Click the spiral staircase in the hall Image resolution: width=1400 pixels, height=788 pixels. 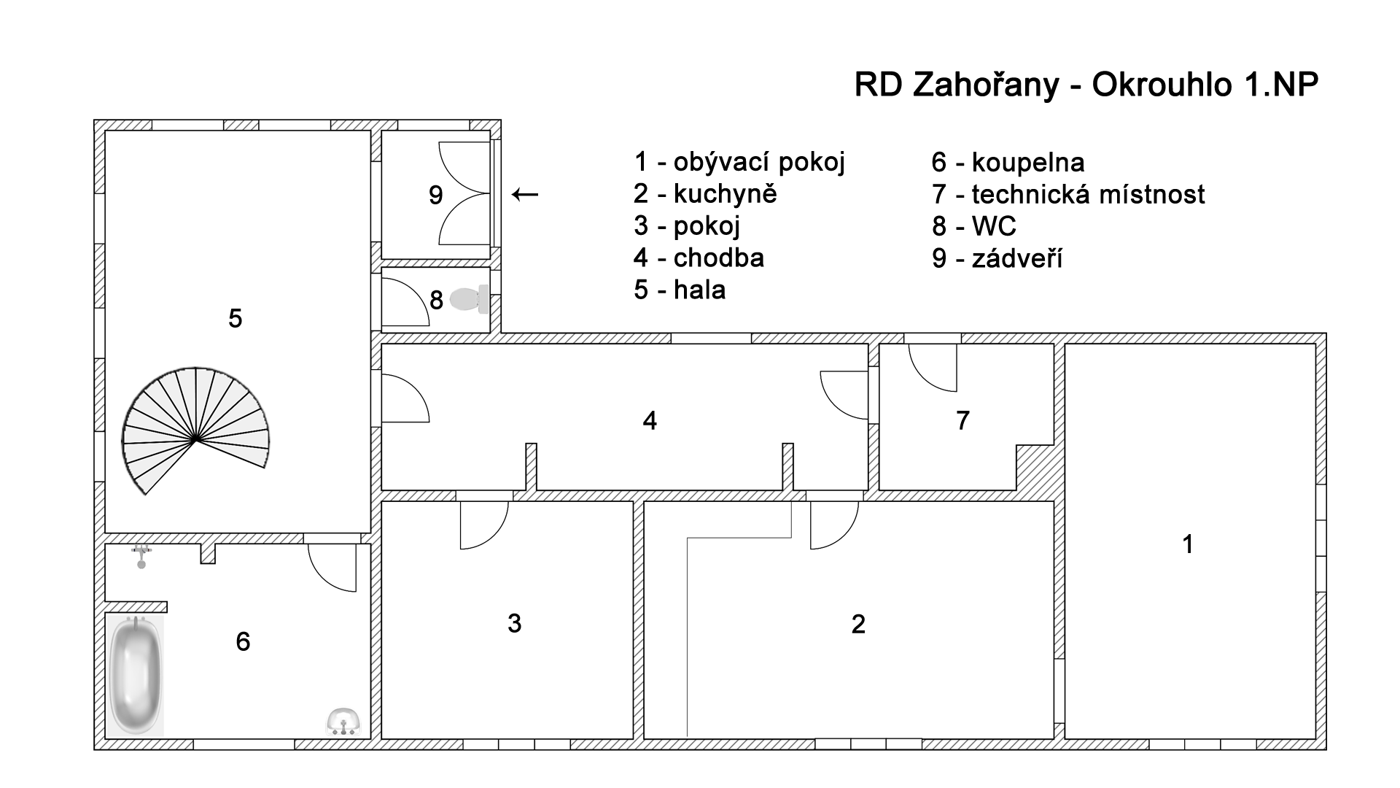click(x=195, y=430)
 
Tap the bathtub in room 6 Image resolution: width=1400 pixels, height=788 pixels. click(x=136, y=676)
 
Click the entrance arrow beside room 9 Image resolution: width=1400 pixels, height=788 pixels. click(x=525, y=194)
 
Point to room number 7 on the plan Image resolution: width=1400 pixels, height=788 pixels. click(x=962, y=420)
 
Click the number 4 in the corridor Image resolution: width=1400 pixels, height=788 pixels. click(x=650, y=420)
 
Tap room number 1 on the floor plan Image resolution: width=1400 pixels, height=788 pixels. click(x=1188, y=544)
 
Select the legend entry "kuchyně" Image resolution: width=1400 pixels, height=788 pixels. click(x=725, y=194)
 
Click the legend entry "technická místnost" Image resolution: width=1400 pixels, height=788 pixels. click(x=1088, y=195)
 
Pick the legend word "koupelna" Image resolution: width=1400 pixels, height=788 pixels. click(x=1028, y=163)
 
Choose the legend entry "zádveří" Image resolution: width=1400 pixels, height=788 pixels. click(x=1016, y=259)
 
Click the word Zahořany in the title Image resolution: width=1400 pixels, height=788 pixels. click(x=985, y=85)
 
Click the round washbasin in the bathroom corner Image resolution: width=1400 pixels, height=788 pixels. click(x=343, y=722)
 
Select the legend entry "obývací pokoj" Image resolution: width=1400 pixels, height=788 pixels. click(x=758, y=162)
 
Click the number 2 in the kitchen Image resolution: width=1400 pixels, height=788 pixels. click(x=858, y=624)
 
